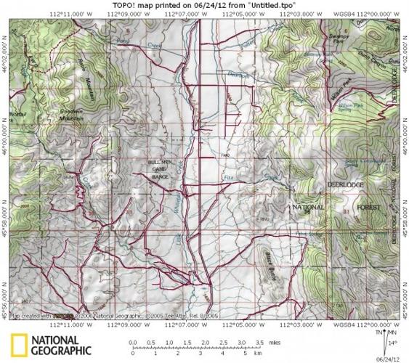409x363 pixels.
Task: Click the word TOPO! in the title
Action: pyautogui.click(x=121, y=5)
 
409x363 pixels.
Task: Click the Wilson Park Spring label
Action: pyautogui.click(x=356, y=113)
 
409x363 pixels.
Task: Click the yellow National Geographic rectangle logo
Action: pyautogui.click(x=19, y=346)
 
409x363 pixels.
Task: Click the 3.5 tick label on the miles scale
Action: pyautogui.click(x=259, y=339)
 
